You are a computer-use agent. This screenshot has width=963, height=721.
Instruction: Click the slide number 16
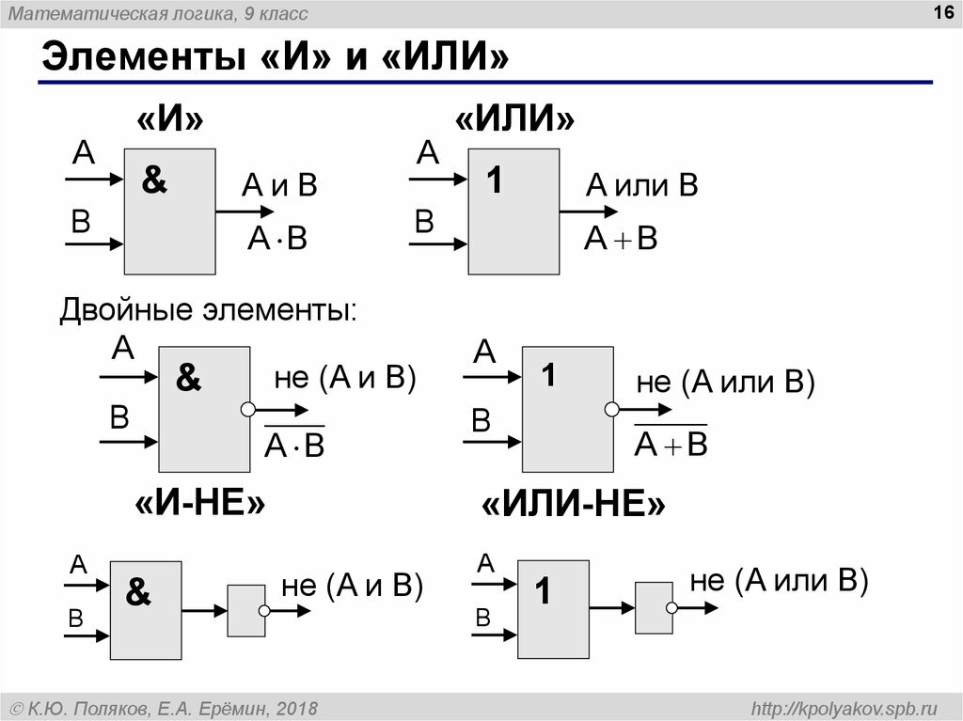(x=939, y=12)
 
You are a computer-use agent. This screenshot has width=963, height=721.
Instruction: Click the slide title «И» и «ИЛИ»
(x=275, y=57)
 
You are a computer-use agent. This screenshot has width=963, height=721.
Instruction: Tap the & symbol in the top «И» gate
(x=154, y=180)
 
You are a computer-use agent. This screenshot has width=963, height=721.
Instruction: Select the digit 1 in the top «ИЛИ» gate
(x=495, y=180)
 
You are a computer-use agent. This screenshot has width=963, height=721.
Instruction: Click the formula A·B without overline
(x=277, y=239)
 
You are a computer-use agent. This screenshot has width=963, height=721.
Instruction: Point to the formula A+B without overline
(x=620, y=239)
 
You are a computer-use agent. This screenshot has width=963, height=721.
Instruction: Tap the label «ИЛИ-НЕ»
(x=574, y=505)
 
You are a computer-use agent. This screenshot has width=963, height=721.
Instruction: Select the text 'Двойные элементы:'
(x=209, y=309)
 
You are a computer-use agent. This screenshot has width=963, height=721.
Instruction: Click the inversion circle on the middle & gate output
(x=248, y=410)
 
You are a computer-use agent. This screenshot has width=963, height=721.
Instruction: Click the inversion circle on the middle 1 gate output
(x=611, y=410)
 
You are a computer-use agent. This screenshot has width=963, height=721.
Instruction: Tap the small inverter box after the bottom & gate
(x=246, y=610)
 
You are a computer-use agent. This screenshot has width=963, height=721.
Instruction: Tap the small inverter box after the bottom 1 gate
(x=654, y=607)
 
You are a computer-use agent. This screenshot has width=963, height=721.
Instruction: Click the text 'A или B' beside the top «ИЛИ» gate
(x=642, y=185)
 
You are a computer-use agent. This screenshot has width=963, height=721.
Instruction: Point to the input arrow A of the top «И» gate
(x=95, y=178)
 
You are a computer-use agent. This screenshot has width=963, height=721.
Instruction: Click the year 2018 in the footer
(x=297, y=707)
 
